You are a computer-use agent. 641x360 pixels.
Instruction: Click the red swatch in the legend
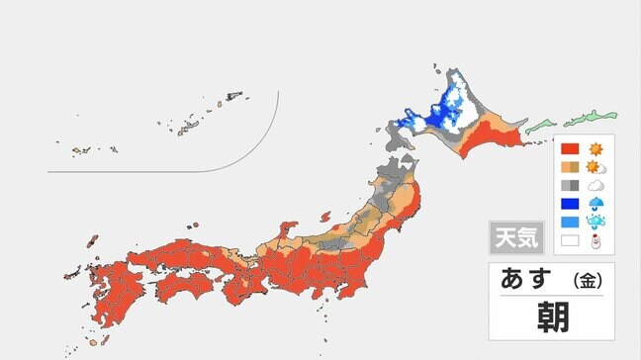click(x=570, y=149)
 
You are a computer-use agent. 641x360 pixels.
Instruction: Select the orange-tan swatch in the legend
click(x=570, y=167)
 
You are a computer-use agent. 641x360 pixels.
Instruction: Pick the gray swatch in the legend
click(x=570, y=185)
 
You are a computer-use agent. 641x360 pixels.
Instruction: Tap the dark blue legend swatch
click(x=570, y=204)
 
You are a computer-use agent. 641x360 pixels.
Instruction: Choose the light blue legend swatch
click(x=570, y=222)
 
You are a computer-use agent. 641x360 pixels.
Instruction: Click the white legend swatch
click(x=570, y=239)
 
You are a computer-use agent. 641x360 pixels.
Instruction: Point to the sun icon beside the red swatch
click(x=595, y=149)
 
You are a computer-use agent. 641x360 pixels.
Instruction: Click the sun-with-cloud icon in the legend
click(x=595, y=167)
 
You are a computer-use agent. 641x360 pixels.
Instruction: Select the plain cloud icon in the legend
click(x=595, y=185)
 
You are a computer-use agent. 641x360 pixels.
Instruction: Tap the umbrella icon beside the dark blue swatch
click(x=595, y=204)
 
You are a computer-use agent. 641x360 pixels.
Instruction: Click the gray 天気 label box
click(x=514, y=238)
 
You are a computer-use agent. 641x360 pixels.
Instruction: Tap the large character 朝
click(x=551, y=317)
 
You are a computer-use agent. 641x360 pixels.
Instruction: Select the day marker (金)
click(x=587, y=282)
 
